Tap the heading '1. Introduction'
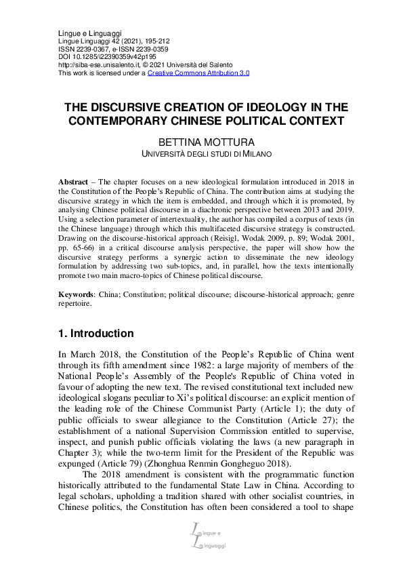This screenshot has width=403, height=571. (96, 334)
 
